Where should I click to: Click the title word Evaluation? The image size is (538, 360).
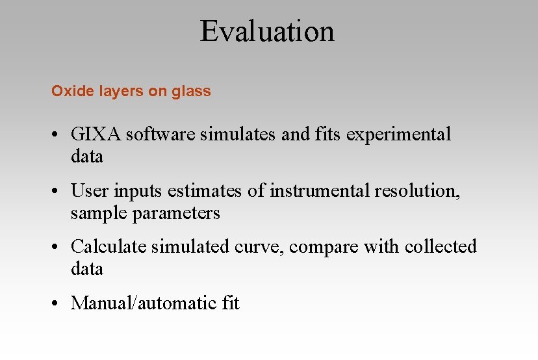point(267,31)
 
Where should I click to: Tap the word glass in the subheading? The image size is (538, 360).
point(191,92)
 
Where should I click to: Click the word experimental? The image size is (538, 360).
point(398,135)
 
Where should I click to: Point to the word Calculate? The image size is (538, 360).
point(109,247)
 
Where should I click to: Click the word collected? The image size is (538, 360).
point(441,247)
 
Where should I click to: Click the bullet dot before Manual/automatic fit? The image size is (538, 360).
point(58,303)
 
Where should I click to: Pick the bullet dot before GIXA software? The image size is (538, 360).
point(58,135)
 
